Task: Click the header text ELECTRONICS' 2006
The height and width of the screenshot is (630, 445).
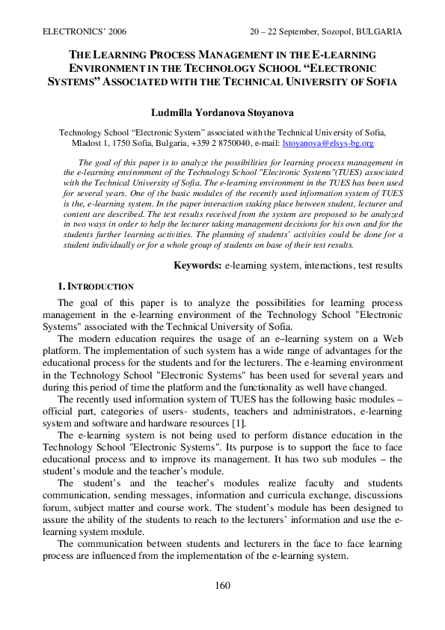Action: pos(76,32)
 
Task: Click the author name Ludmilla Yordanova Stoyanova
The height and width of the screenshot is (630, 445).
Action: pos(223,112)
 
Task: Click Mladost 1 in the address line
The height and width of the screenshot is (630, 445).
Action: pos(88,142)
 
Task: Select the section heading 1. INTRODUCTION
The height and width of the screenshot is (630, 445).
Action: pos(96,287)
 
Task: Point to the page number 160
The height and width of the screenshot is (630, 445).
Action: pos(223,585)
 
